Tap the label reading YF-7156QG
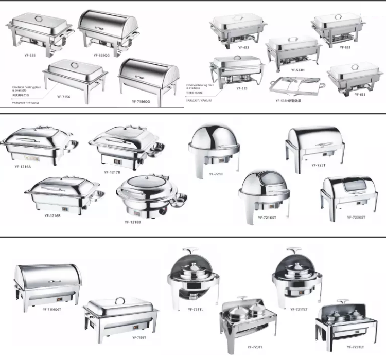(x=140, y=102)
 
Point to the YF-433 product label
(x=243, y=47)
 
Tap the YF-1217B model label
(x=112, y=172)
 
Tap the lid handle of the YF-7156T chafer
(x=120, y=300)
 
